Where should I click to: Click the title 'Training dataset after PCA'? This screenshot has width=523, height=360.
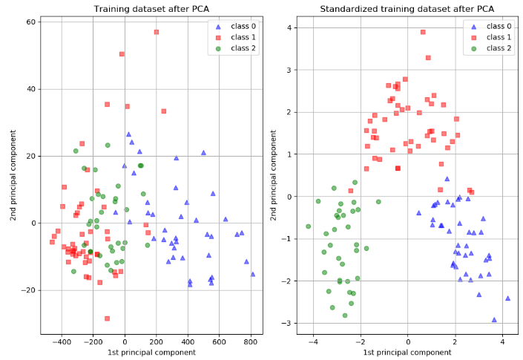click(151, 9)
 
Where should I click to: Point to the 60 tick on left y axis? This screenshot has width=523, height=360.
click(31, 22)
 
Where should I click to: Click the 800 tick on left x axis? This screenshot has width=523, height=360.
click(251, 342)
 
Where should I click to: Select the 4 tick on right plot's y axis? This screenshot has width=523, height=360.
click(292, 28)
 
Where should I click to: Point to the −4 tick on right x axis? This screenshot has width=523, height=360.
click(312, 342)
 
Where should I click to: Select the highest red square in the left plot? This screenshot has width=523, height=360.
click(156, 32)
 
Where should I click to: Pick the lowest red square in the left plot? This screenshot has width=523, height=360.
click(107, 318)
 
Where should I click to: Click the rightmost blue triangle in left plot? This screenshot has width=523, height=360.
click(252, 274)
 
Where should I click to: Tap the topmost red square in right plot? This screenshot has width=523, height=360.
click(423, 32)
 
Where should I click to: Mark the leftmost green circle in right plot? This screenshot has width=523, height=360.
click(308, 226)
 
